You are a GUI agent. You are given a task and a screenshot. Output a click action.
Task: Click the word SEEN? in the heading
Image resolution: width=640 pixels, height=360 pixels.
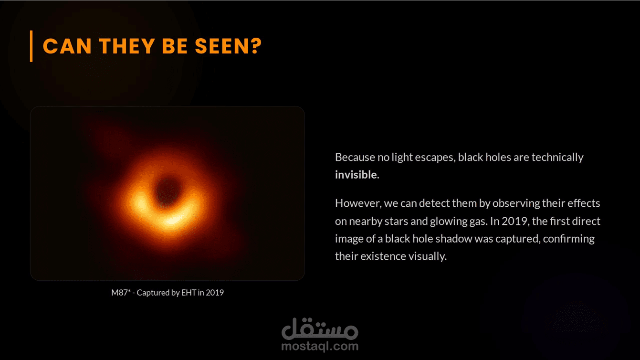(228, 46)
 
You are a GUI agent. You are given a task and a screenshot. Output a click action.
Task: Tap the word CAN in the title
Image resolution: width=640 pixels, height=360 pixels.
(67, 46)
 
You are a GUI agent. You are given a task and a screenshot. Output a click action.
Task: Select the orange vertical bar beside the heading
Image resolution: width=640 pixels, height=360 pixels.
(31, 46)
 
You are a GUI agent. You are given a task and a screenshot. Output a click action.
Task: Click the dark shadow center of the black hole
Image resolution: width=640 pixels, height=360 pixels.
(168, 191)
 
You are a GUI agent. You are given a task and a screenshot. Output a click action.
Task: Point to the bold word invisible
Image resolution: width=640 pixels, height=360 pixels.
(356, 174)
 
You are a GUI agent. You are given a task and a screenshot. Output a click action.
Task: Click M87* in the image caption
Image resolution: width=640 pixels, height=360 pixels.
(121, 293)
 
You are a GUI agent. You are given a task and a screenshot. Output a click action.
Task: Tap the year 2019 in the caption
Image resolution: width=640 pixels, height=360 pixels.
(215, 293)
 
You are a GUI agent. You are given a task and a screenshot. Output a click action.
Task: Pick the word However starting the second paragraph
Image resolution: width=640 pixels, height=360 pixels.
(358, 203)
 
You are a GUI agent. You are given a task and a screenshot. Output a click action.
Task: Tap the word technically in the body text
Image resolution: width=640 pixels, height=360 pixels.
(557, 158)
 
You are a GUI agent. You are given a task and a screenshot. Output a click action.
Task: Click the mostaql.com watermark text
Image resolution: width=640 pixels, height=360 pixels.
(320, 346)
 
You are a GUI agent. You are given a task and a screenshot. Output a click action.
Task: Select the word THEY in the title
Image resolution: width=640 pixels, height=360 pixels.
(127, 46)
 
